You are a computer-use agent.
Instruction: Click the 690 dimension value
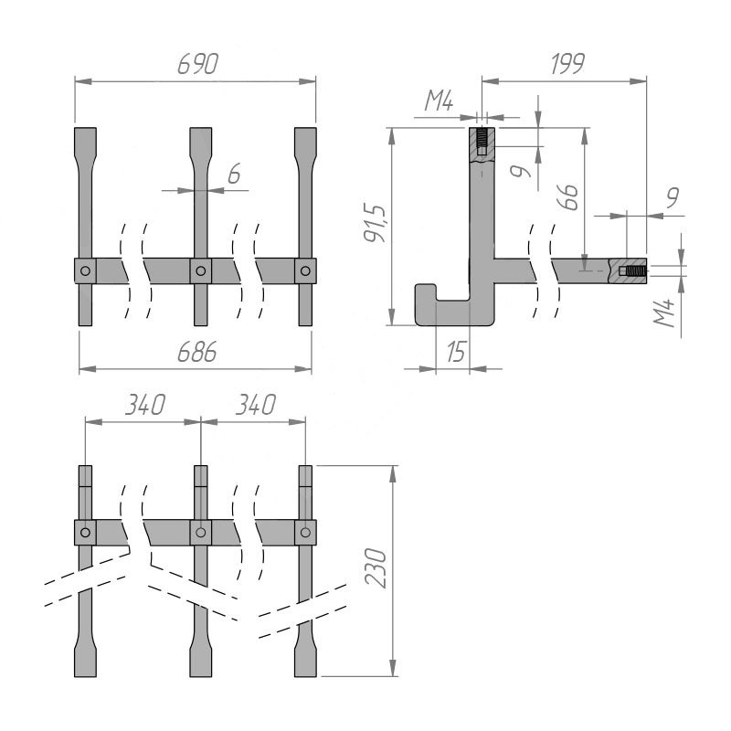(x=198, y=64)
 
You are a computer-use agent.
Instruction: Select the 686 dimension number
(x=197, y=352)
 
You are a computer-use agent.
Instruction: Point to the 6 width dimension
(x=234, y=174)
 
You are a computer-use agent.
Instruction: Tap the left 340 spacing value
(x=145, y=405)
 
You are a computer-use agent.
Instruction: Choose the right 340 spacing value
(x=256, y=405)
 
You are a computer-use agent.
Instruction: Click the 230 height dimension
(x=376, y=567)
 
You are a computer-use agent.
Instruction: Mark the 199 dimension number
(x=567, y=64)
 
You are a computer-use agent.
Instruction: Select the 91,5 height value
(x=376, y=223)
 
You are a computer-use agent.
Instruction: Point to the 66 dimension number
(x=567, y=197)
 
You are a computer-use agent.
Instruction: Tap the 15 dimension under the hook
(x=456, y=351)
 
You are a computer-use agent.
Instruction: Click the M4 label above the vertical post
(x=439, y=101)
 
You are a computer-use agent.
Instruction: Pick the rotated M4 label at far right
(x=664, y=313)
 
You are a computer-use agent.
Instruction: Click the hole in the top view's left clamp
(x=85, y=270)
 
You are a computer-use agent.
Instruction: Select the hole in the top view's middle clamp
(x=201, y=270)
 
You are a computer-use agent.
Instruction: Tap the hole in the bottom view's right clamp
(x=306, y=533)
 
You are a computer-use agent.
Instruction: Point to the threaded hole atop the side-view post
(x=482, y=143)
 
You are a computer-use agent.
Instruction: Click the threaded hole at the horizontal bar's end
(x=632, y=270)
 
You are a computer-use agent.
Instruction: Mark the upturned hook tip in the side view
(x=426, y=291)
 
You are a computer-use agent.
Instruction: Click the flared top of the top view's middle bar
(x=201, y=143)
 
